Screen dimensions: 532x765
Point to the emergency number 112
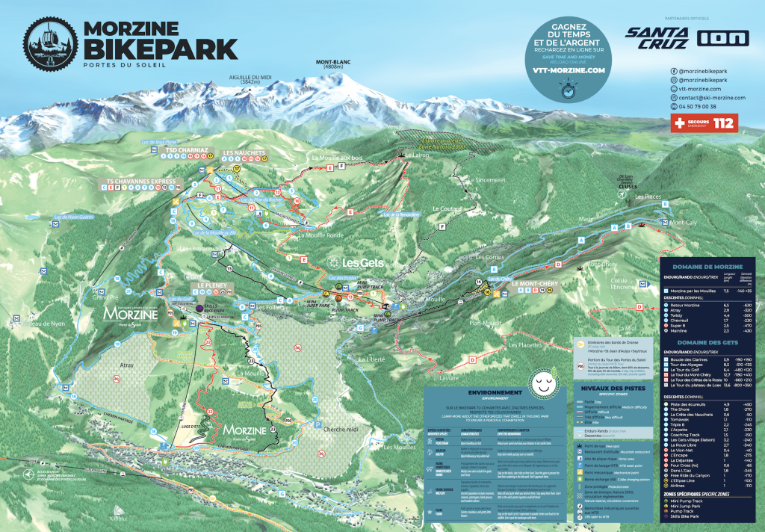point(723,122)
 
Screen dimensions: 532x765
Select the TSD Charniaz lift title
point(186,149)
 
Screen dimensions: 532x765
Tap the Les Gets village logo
point(356,263)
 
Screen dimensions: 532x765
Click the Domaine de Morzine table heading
point(707,267)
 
